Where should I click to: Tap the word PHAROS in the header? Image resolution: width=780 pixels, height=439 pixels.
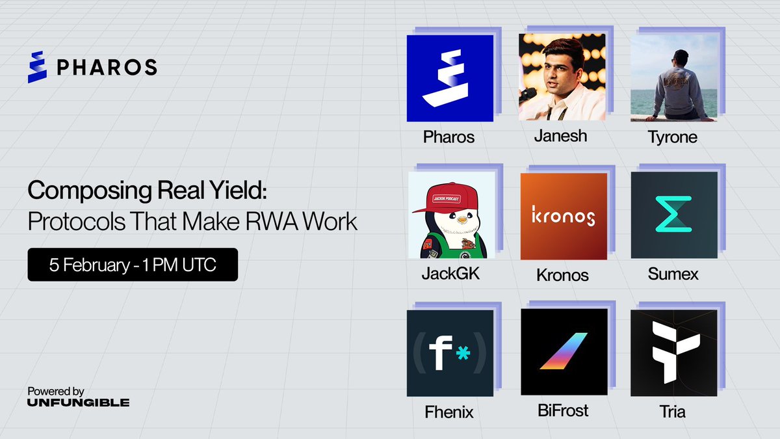pos(107,66)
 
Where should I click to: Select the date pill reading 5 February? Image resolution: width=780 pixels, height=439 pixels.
pos(133,265)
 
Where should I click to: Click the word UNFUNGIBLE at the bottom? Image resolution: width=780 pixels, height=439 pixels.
pos(78,403)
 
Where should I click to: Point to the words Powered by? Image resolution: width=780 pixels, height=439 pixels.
pos(56,392)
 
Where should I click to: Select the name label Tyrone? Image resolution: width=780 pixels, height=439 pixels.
pos(673,138)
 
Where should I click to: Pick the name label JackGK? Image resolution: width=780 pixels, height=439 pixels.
pos(450,274)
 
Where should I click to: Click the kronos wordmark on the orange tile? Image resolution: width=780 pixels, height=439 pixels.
pos(563,216)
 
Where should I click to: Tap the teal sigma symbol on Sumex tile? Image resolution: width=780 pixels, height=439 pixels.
pos(673,215)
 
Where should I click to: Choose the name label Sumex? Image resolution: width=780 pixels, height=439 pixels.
pos(673,274)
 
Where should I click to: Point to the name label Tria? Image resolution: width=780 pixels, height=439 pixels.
pos(673,412)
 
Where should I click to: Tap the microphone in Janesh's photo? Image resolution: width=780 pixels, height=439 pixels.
pos(528,94)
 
